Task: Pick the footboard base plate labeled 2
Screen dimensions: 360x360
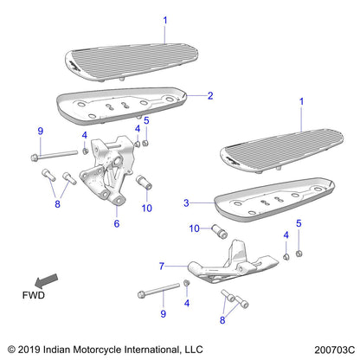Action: pyautogui.click(x=121, y=106)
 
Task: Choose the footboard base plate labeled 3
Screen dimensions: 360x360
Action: pyautogui.click(x=268, y=201)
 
